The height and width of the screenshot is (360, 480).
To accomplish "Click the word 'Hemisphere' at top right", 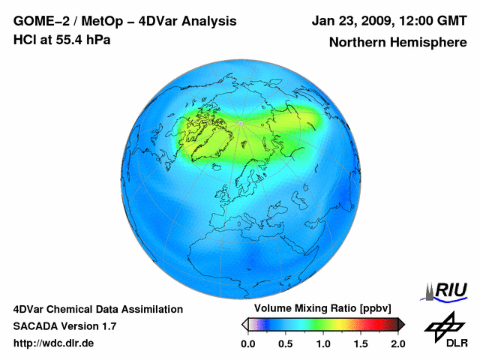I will point(427,43).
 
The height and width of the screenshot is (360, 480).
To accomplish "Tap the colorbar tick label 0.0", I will point(248,343).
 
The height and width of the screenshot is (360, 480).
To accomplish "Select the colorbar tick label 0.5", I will point(286,343).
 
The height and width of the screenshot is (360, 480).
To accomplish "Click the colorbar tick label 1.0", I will point(323,343).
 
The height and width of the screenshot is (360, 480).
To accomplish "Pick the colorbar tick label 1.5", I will point(361,343).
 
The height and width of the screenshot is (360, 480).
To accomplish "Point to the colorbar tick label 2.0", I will point(398,343).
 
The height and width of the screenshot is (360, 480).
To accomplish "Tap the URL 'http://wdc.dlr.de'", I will point(54,343).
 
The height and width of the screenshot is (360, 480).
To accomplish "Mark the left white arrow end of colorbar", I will point(244,324).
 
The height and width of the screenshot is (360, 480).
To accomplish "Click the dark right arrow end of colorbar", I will point(401,324).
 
